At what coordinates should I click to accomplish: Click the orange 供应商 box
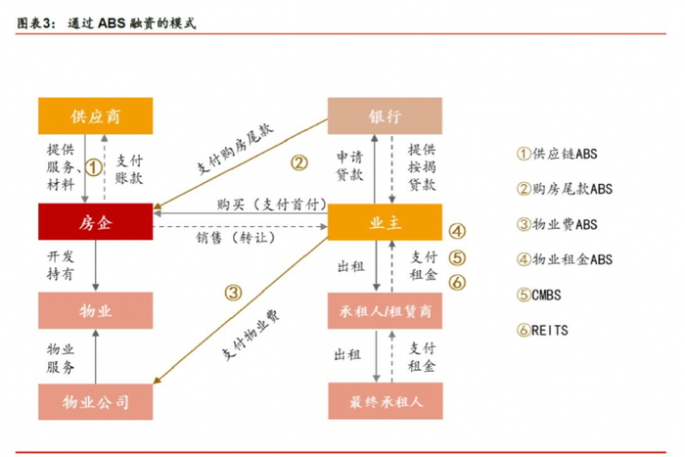coord(95,116)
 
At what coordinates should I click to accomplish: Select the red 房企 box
coord(95,222)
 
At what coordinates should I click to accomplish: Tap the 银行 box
coord(385,116)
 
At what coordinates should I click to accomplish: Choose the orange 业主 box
coord(385,222)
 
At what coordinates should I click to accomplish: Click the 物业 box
coord(95,310)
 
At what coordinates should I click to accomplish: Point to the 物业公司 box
coord(95,401)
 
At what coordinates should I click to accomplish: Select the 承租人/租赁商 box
coord(385,310)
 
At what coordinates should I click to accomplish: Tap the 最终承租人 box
coord(385,401)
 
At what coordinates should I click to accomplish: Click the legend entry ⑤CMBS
coord(540,295)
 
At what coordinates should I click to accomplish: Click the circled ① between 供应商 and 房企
coord(92,167)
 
